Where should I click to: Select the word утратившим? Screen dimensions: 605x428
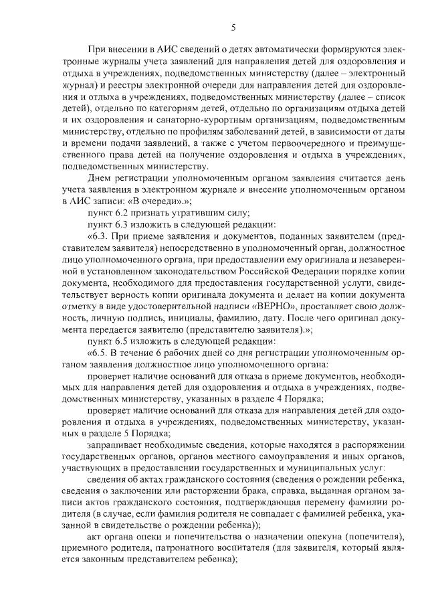[x=183, y=212]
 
